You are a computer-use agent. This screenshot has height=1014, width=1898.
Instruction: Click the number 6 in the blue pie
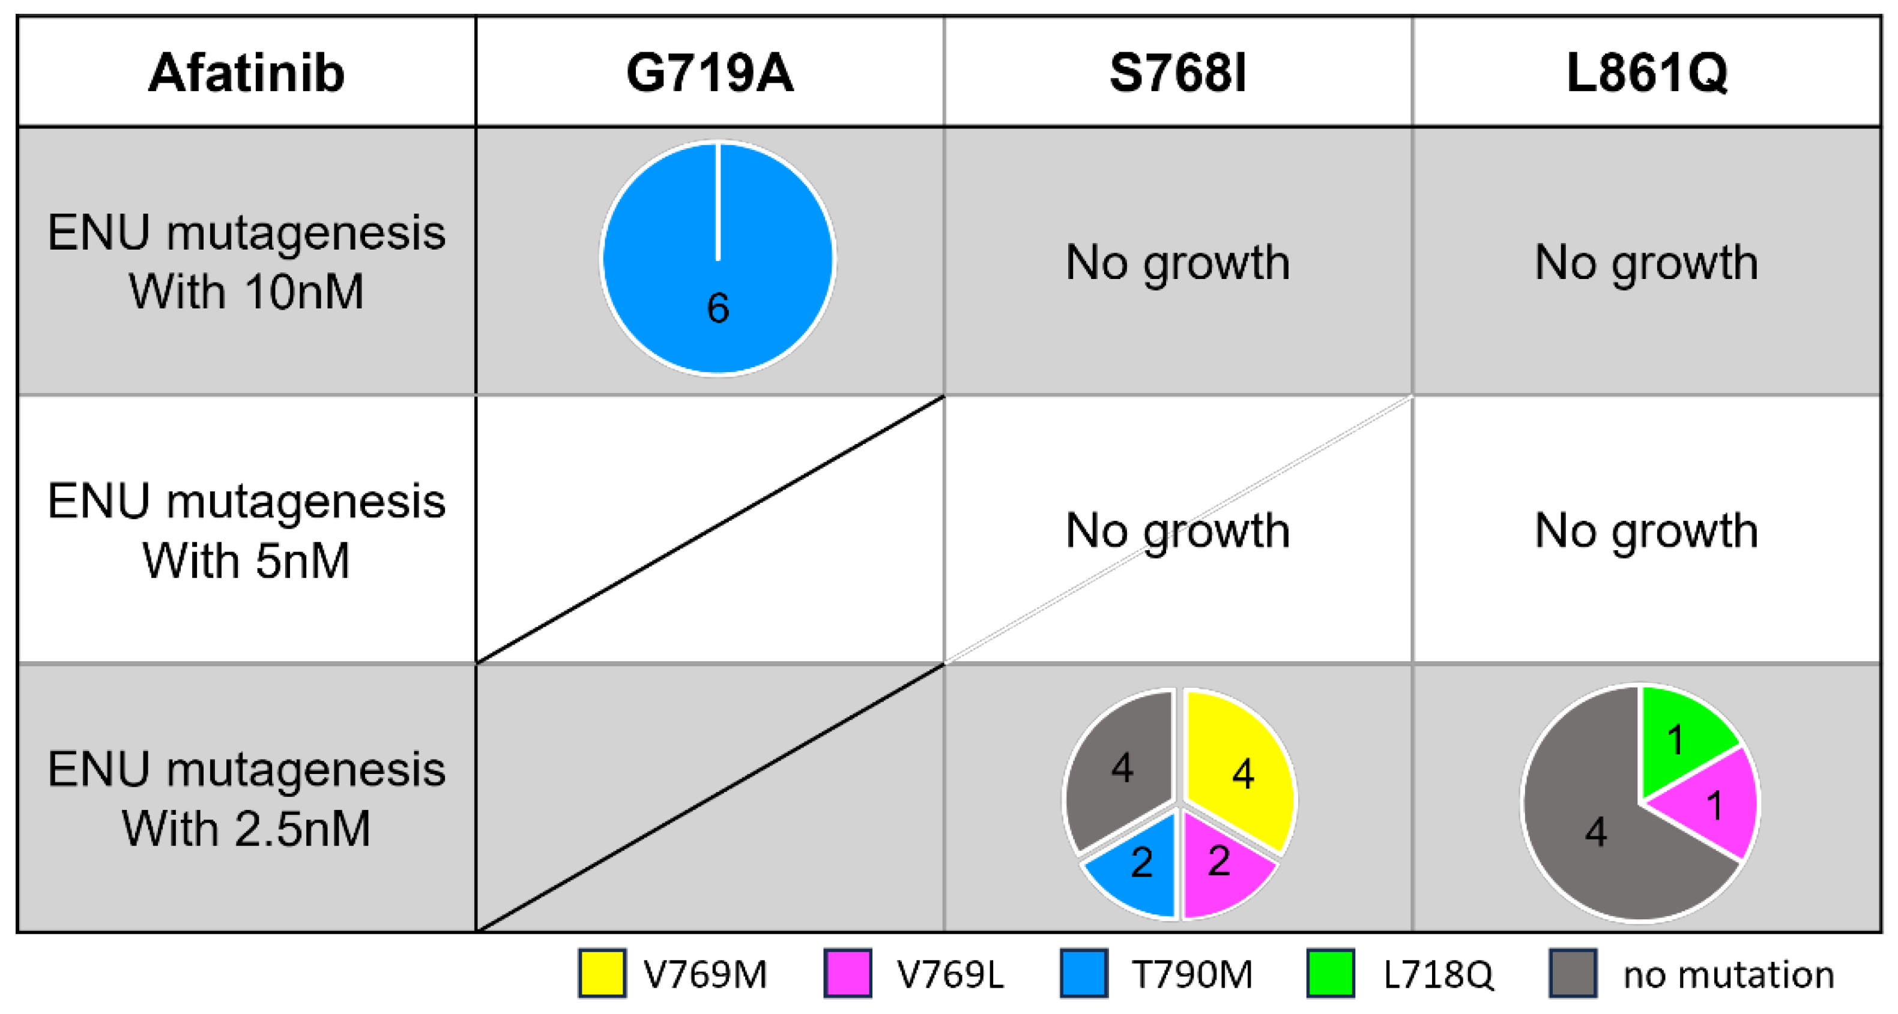click(718, 307)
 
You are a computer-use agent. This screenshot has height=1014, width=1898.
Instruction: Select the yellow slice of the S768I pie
click(1238, 770)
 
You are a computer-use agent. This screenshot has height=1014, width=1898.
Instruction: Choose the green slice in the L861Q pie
click(1680, 736)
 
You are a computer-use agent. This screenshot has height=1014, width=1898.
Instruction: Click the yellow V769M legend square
click(602, 973)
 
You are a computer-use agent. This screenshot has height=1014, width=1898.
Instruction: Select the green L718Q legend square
click(1330, 973)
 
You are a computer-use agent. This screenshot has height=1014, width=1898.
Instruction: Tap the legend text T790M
click(1191, 974)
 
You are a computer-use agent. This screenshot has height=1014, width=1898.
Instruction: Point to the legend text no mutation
click(1728, 974)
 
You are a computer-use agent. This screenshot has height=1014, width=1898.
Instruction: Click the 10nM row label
click(246, 262)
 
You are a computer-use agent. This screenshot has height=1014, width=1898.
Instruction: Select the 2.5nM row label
click(246, 799)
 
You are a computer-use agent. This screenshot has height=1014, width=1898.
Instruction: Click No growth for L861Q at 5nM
click(1646, 530)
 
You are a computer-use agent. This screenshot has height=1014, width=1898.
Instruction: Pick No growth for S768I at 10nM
click(1177, 262)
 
